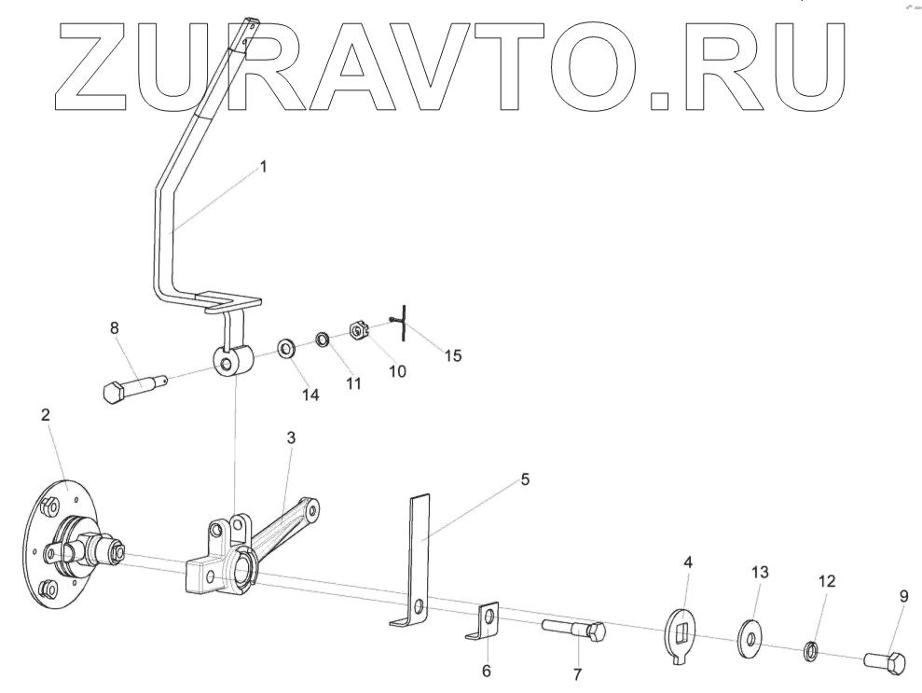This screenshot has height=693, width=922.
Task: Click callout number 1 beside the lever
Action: [263, 167]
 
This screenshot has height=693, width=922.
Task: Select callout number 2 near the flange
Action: [46, 415]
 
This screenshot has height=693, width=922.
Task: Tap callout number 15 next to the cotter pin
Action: [452, 355]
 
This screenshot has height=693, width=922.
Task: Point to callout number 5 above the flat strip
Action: [524, 479]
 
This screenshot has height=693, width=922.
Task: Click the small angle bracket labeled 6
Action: [485, 622]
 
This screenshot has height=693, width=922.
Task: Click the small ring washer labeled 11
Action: [321, 337]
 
